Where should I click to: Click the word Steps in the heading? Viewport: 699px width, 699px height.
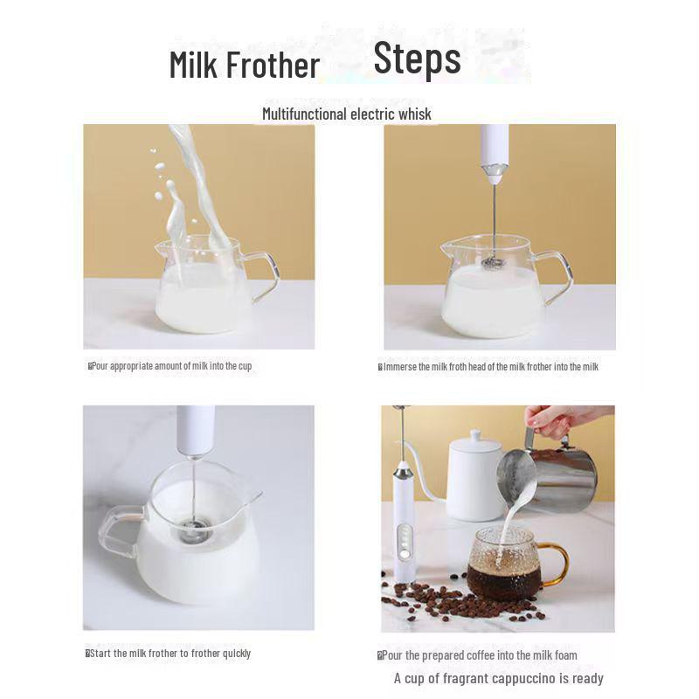point(417,59)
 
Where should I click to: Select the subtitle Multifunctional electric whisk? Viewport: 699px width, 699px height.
point(347,114)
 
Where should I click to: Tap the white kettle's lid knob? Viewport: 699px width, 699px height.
point(474,434)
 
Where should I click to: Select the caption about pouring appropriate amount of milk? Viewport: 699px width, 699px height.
point(171,366)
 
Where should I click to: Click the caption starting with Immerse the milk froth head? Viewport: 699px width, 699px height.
point(489,367)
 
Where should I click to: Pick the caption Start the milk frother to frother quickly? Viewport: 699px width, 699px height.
point(169,654)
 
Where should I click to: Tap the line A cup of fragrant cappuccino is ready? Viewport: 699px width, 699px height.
point(498,678)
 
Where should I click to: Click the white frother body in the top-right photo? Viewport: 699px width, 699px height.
point(495,149)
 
